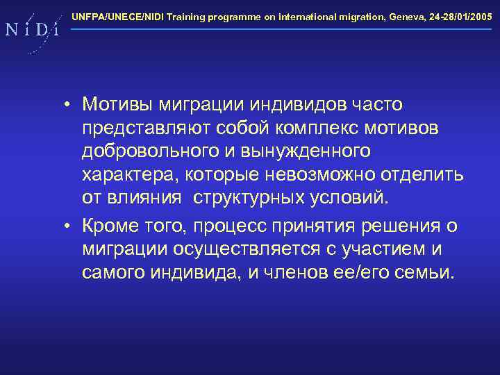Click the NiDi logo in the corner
click(x=31, y=30)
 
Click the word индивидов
click(x=302, y=105)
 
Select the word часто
click(x=377, y=105)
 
